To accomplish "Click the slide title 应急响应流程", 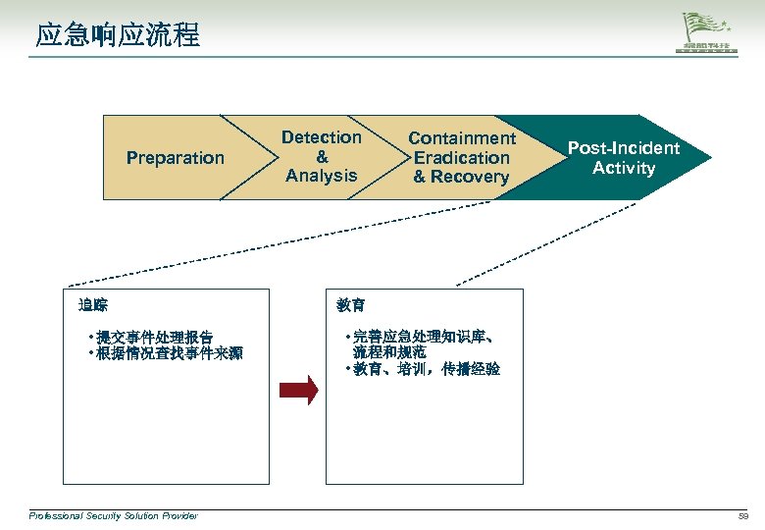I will [x=118, y=36].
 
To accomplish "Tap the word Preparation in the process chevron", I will [x=176, y=158].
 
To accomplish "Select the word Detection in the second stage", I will [x=322, y=137].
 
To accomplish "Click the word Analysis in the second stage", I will [x=322, y=176].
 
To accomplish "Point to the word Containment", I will [x=462, y=138].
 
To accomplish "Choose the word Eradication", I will [x=462, y=157].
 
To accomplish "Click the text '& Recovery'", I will [x=461, y=177].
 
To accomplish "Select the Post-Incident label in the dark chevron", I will [x=624, y=148].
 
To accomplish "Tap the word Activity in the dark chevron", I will [x=624, y=168].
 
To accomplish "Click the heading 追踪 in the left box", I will [x=93, y=305].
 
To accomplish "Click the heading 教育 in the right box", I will [x=351, y=305].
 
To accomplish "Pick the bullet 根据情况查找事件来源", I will [x=168, y=353].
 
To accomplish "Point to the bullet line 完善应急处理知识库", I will [x=422, y=337].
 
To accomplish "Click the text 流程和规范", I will [x=389, y=352].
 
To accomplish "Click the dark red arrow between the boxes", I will [x=298, y=390].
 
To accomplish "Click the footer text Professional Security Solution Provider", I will [x=113, y=515].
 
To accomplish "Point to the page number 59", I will [x=743, y=515].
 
